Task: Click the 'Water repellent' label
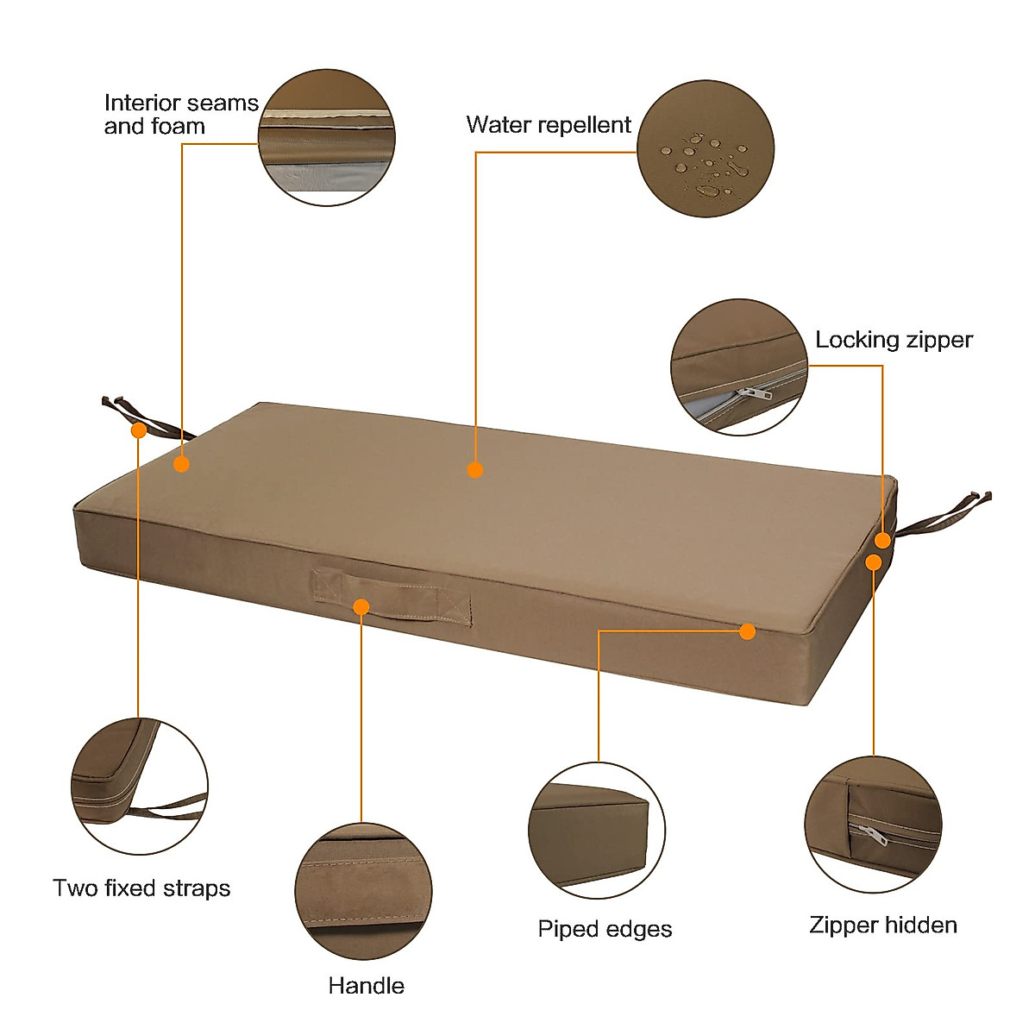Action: pos(549,125)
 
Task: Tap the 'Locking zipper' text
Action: pos(894,340)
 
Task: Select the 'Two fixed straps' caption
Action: pos(141,888)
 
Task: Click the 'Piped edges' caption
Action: pos(605,929)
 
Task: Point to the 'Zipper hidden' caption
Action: pos(883,925)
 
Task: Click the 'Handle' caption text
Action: pos(366,986)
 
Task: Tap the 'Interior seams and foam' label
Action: pos(181,115)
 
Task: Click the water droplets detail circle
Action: pos(706,148)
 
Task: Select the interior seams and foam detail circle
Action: pos(327,138)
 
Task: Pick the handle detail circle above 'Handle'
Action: pos(363,891)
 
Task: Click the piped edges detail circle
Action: pos(597,831)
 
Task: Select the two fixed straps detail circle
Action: pos(139,787)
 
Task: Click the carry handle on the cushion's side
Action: pos(392,595)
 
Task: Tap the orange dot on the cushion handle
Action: pos(361,607)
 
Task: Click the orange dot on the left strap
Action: pos(138,430)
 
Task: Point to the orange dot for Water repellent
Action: pos(474,469)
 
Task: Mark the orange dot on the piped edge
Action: pos(748,631)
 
